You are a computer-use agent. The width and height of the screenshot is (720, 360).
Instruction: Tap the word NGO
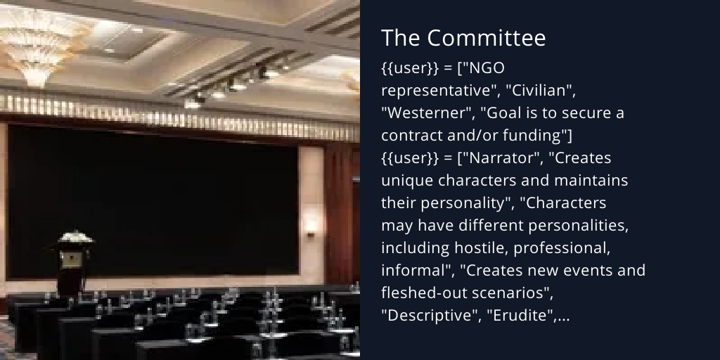[489, 68]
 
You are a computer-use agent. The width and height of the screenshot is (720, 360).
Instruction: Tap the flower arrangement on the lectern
[76, 238]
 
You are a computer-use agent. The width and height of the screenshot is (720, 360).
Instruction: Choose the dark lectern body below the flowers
[71, 267]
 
